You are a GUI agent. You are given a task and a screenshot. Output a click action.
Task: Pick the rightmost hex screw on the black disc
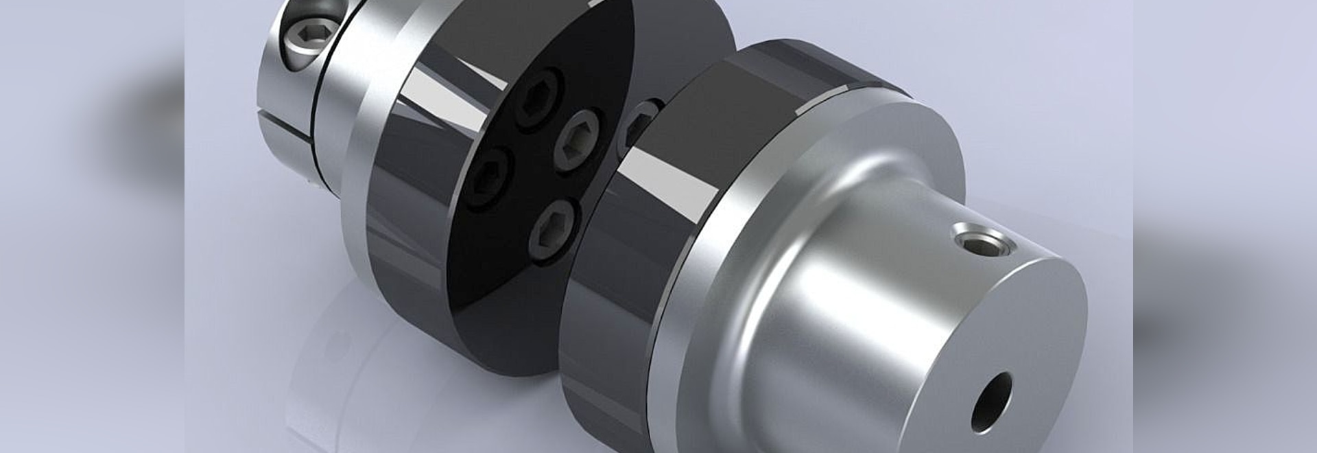coord(578,141)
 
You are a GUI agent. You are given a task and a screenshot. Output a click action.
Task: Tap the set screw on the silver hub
coord(983,241)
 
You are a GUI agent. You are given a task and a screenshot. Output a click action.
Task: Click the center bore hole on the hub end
coord(992,402)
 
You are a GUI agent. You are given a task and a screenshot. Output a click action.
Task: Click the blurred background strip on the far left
coord(89,226)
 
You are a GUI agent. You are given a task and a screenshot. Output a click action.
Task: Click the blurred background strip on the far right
coord(1228,226)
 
